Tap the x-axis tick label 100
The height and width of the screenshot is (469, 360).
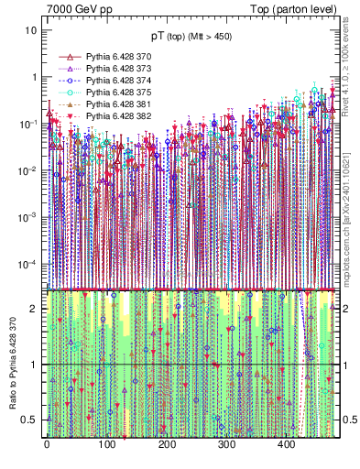[106, 445]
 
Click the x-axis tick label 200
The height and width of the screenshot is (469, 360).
[167, 445]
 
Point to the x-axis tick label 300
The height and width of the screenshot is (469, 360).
[226, 445]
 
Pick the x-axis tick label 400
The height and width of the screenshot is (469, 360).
[286, 445]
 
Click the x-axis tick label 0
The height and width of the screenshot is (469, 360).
[47, 445]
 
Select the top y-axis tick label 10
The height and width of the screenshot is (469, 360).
[31, 30]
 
